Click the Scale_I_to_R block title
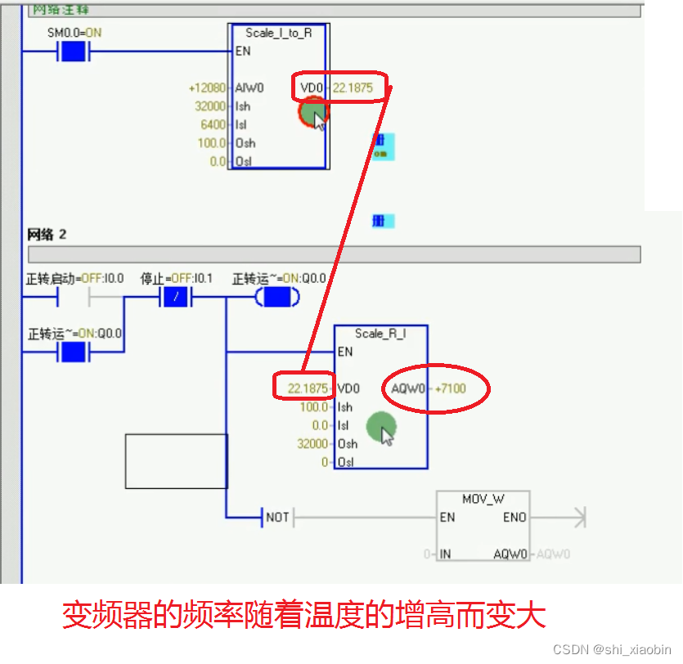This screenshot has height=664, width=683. click(x=278, y=33)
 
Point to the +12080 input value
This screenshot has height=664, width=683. click(x=206, y=87)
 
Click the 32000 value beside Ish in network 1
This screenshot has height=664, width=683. click(x=212, y=106)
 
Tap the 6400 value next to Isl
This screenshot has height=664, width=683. click(x=214, y=125)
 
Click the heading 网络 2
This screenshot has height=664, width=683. click(x=47, y=235)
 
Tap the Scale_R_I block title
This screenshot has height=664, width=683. click(x=380, y=334)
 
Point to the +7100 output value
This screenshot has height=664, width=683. click(x=450, y=388)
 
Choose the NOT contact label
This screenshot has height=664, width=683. click(x=277, y=518)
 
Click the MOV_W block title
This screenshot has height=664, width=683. click(x=483, y=499)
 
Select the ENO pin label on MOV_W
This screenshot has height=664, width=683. click(x=515, y=518)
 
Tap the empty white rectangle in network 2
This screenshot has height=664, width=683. click(x=176, y=461)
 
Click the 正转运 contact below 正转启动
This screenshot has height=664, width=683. click(x=73, y=352)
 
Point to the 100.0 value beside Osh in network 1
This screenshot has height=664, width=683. click(x=212, y=143)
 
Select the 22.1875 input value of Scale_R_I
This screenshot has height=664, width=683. click(x=308, y=388)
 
